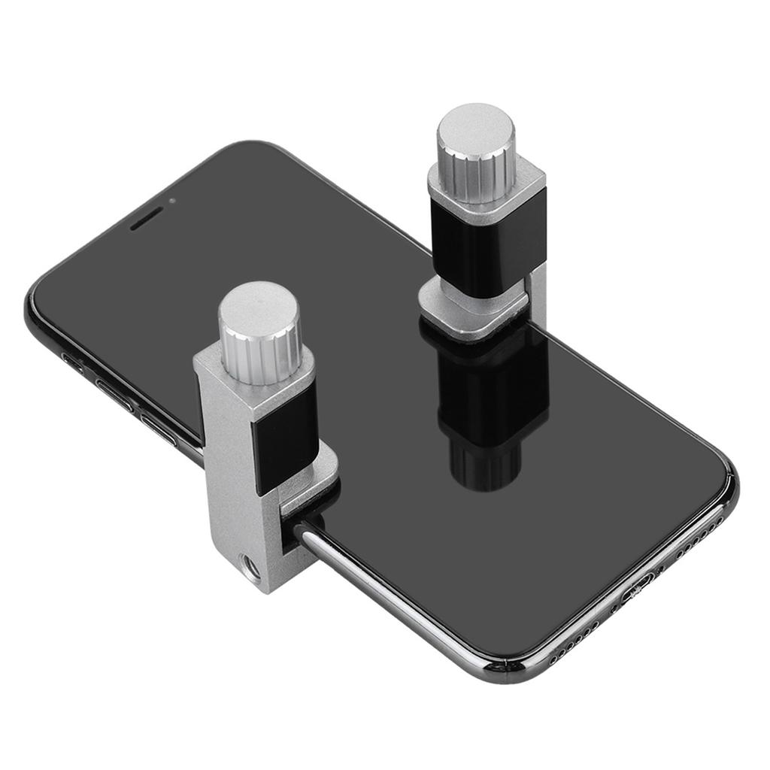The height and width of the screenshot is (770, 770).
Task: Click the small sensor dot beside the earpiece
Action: (x=174, y=201)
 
